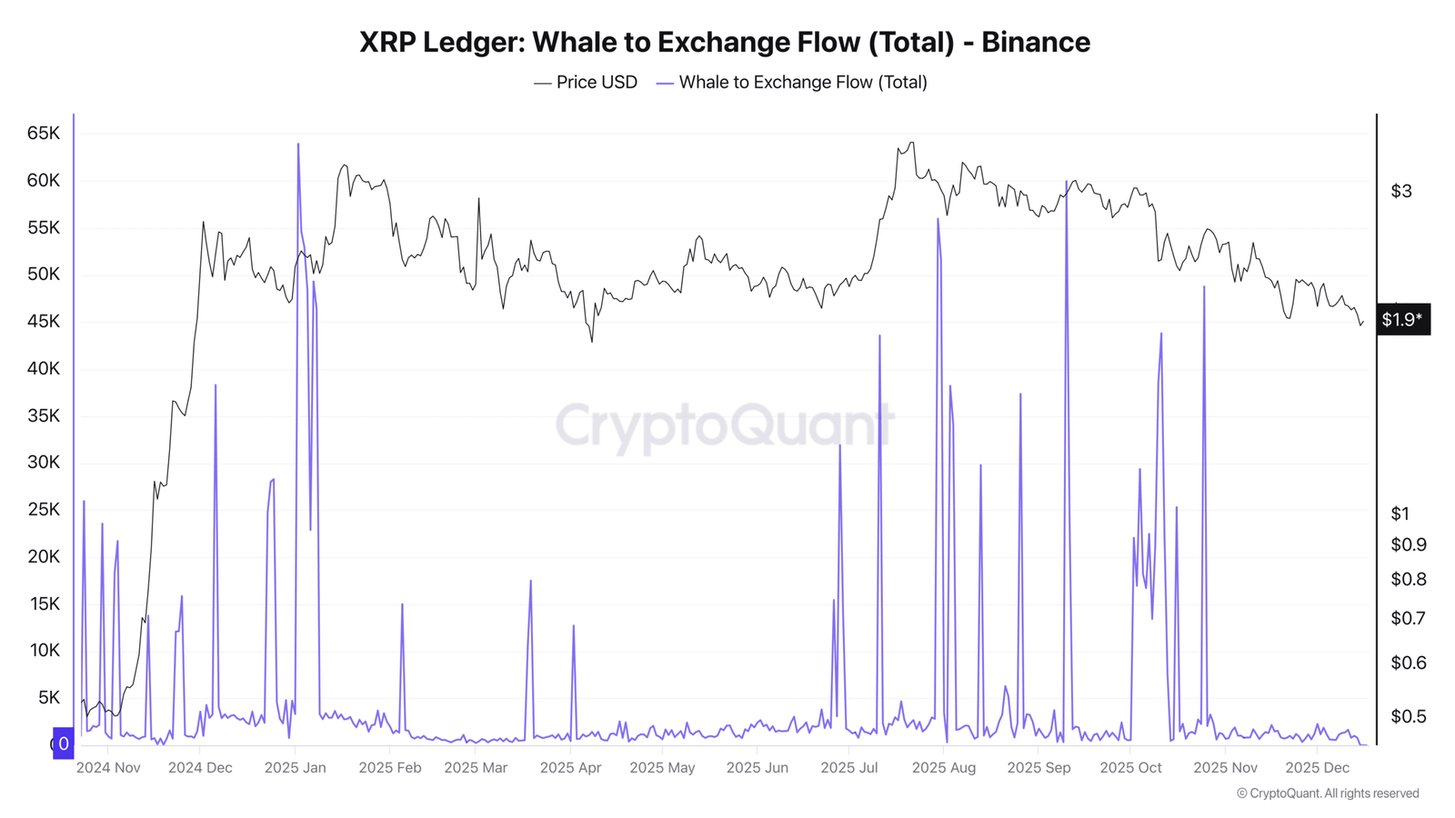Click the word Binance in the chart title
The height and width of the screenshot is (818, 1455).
[x=1036, y=42]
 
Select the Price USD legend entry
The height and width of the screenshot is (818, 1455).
[x=586, y=83]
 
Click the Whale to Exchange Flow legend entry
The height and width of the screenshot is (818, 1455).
[x=792, y=83]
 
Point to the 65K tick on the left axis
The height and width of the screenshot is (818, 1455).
[x=44, y=134]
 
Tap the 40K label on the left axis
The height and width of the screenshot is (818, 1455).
[x=44, y=369]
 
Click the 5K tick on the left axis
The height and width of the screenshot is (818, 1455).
[x=49, y=698]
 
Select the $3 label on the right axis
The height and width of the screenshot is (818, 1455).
[x=1401, y=191]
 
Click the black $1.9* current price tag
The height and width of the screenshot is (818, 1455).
[x=1403, y=319]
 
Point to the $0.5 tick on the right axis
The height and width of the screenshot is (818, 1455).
[x=1409, y=716]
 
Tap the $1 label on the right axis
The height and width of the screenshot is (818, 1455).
[x=1400, y=514]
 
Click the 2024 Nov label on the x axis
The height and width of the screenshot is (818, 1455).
[x=108, y=767]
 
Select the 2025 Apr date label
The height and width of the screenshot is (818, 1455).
[x=570, y=767]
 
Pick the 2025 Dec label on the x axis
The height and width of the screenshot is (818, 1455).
[x=1318, y=767]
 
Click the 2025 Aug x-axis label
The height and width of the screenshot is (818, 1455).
[x=944, y=767]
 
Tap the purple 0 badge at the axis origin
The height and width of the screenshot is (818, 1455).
[x=63, y=743]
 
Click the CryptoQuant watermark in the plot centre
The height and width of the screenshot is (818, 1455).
[x=724, y=425]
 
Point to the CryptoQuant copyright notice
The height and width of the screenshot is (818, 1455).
[x=1328, y=793]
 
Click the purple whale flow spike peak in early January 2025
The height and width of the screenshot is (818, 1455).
[x=298, y=144]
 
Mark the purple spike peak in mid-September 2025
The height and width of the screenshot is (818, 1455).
[x=1066, y=181]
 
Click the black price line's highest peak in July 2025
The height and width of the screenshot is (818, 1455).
[x=912, y=142]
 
